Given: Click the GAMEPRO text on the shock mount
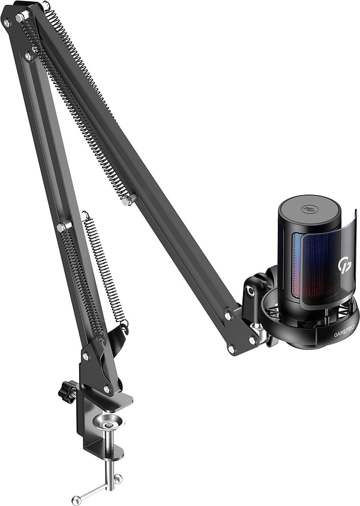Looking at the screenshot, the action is tap(344, 331).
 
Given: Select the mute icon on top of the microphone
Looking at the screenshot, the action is tap(308, 209).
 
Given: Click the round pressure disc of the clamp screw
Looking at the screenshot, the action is tap(109, 422).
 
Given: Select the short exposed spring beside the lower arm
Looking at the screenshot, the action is tap(104, 270).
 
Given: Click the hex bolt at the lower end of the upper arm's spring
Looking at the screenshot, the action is tap(128, 200).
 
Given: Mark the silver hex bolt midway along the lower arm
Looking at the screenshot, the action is tap(63, 226).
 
